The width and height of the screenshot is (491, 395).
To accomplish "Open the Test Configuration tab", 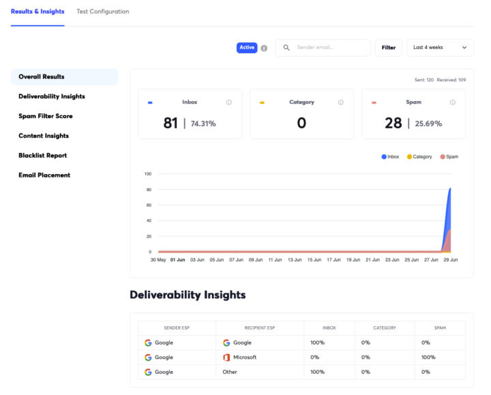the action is pyautogui.click(x=103, y=12).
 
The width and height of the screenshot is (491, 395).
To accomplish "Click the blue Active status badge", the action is pyautogui.click(x=247, y=48).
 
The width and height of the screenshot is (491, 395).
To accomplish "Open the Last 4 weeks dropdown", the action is pyautogui.click(x=440, y=48).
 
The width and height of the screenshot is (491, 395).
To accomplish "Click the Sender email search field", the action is pyautogui.click(x=323, y=48).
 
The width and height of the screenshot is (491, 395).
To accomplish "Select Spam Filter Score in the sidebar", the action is pyautogui.click(x=46, y=116).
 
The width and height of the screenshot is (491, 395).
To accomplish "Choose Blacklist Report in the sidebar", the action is pyautogui.click(x=42, y=156).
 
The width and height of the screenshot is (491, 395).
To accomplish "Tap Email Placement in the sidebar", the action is pyautogui.click(x=44, y=175).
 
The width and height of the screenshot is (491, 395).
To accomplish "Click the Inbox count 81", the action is pyautogui.click(x=170, y=123).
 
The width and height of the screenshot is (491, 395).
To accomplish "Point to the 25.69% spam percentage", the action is pyautogui.click(x=428, y=123).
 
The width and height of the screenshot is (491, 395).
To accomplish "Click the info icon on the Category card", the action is pyautogui.click(x=341, y=102).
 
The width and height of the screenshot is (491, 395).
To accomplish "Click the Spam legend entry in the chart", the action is pyautogui.click(x=449, y=157).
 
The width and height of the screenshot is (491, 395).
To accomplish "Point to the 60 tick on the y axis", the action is pyautogui.click(x=149, y=205).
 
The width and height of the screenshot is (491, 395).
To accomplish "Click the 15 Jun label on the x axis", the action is pyautogui.click(x=314, y=260).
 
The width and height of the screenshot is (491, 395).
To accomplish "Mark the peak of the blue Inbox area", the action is pyautogui.click(x=450, y=188).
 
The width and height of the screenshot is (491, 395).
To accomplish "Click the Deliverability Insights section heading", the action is pyautogui.click(x=188, y=295).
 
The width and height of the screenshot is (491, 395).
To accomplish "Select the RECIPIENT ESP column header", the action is pyautogui.click(x=260, y=328).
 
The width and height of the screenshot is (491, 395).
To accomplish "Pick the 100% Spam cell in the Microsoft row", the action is pyautogui.click(x=428, y=357).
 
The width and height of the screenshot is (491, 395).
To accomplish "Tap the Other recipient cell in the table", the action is pyautogui.click(x=230, y=372).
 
